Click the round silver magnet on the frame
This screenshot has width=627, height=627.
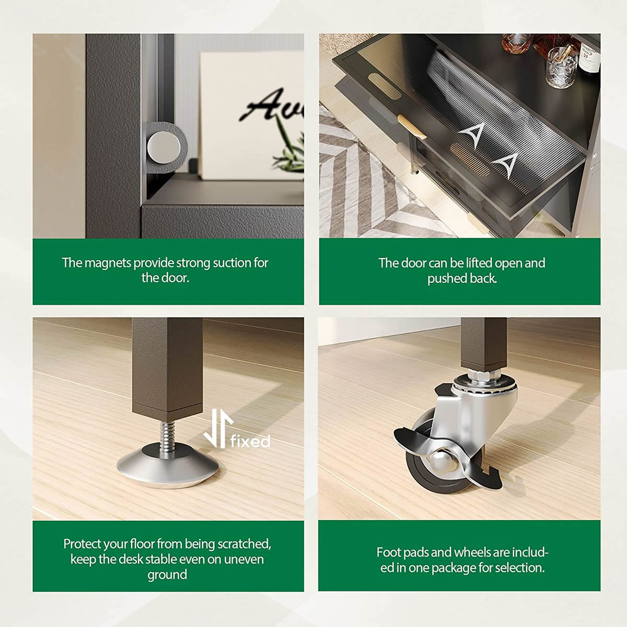point(164,147)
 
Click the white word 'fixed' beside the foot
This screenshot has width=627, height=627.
point(250,441)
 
